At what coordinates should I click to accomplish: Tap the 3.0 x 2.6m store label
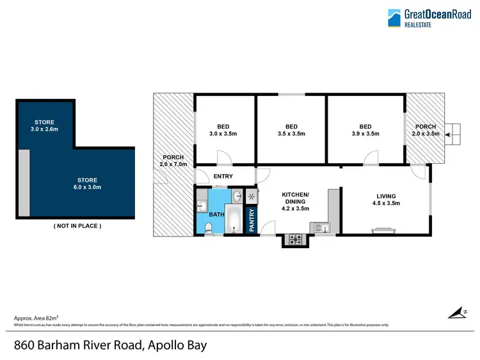44,125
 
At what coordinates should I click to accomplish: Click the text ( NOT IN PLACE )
76,226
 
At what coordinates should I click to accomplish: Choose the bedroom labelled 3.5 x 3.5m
292,130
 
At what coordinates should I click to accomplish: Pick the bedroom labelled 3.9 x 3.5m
365,130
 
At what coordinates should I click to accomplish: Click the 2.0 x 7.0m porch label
173,160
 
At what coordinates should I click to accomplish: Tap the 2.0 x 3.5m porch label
427,130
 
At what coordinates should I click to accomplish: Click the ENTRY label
223,176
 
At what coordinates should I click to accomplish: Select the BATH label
217,215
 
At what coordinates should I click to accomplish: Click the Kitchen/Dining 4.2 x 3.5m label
296,201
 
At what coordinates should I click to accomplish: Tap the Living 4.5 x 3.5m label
386,200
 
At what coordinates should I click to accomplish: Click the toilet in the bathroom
209,230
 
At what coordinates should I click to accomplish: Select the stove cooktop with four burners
296,240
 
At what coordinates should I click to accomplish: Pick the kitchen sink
320,227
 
